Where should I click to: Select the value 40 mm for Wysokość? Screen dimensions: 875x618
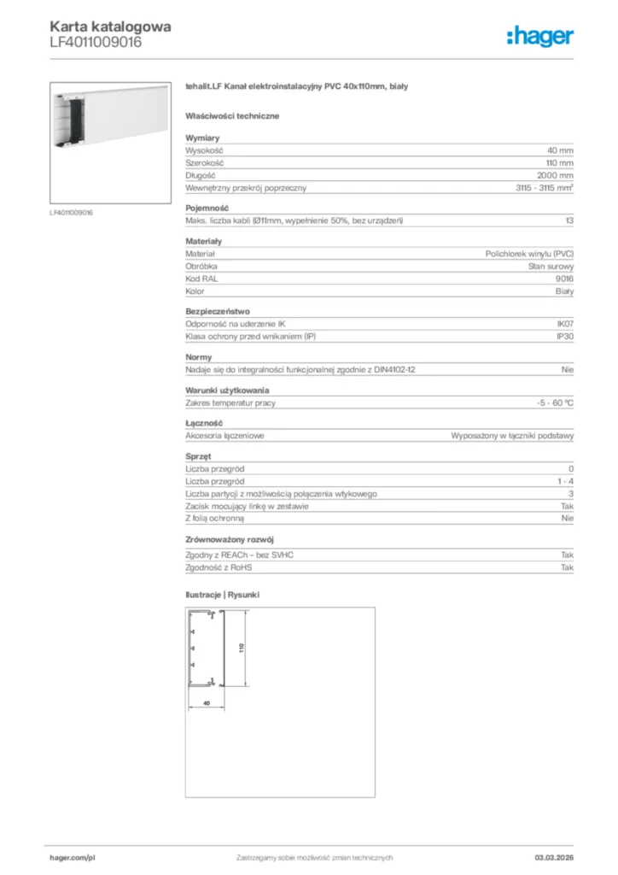tap(560, 150)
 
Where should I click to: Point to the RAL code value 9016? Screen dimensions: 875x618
tap(564, 279)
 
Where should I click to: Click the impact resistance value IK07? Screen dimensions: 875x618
tap(564, 324)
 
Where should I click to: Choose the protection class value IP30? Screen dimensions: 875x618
tap(564, 337)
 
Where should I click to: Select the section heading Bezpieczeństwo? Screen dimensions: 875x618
tap(218, 311)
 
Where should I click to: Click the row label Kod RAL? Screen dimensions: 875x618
tap(200, 279)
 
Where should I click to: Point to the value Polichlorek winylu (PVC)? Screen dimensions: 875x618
tap(529, 254)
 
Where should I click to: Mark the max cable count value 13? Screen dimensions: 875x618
tap(568, 221)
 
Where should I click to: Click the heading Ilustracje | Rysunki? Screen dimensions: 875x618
tap(222, 593)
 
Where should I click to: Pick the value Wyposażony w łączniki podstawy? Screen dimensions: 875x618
tap(512, 435)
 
